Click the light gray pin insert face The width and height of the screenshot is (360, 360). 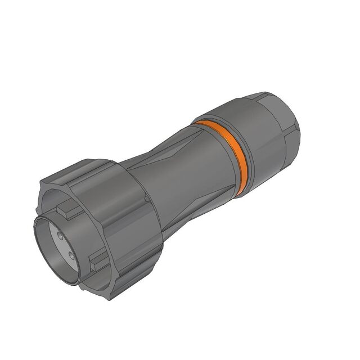[x=64, y=246]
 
